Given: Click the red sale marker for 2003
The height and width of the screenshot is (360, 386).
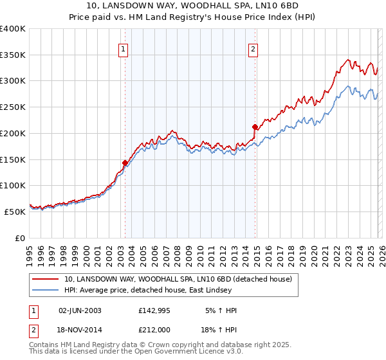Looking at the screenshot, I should tap(125, 163).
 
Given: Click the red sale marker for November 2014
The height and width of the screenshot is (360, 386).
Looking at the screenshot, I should tap(255, 127).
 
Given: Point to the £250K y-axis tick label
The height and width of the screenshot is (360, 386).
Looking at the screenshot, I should tap(13, 107).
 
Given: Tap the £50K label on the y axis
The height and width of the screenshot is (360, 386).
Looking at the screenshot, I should tap(15, 211).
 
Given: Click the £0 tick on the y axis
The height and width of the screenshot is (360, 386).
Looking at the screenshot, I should tap(21, 237).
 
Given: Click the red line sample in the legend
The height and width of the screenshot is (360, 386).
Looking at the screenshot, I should tap(45, 280).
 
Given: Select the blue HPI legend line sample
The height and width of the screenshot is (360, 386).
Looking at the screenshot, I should tap(45, 291).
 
